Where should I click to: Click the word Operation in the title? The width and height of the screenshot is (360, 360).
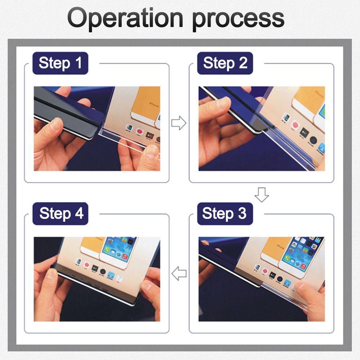coord(125,18)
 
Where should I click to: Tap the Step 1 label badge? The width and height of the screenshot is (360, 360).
coord(60,63)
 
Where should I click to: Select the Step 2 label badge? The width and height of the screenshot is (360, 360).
coord(225,63)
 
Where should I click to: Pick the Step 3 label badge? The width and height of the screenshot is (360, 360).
coord(225,213)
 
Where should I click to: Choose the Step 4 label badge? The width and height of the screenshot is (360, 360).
coord(60,213)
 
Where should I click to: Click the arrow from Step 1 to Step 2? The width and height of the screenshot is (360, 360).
coord(179,123)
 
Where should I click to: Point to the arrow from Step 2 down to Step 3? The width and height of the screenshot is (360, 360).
coord(262,195)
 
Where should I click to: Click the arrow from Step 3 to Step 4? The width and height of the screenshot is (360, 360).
coord(179,274)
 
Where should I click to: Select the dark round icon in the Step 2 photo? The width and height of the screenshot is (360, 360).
coord(313,140)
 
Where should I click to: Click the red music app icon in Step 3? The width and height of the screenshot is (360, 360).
coord(303,267)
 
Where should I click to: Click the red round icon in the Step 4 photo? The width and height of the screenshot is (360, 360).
coord(87,265)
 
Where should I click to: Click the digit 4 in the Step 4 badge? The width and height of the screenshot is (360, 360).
coord(79,213)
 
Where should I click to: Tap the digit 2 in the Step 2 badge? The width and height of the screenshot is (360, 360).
coord(243,63)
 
